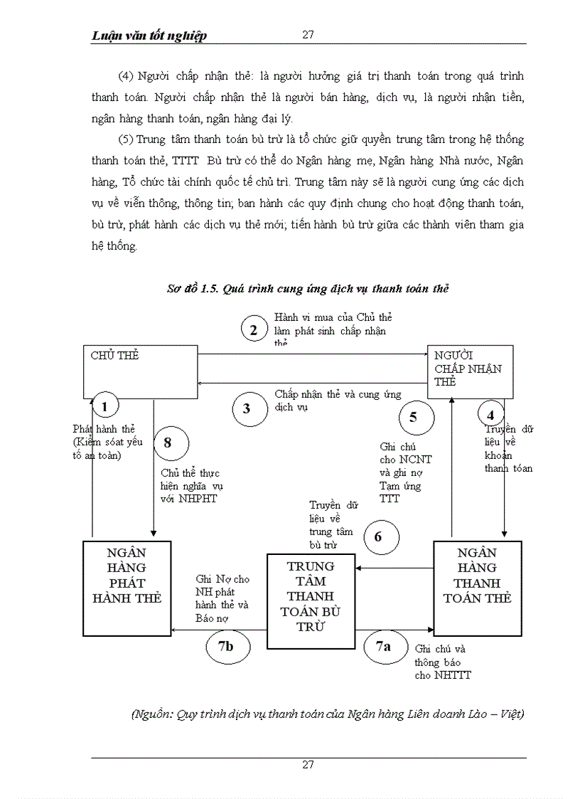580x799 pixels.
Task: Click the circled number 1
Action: coord(105,407)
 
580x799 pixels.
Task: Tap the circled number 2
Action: coord(252,329)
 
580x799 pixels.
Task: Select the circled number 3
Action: coord(247,408)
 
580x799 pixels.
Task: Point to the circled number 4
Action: coord(490,414)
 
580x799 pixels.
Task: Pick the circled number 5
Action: coord(413,417)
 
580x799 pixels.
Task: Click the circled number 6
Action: coord(377,536)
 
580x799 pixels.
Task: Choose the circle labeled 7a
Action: coord(383,646)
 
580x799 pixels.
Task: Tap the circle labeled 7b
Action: coord(225,646)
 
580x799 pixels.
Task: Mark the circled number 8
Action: coord(168,443)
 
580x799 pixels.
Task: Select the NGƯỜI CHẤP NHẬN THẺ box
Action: coord(469,372)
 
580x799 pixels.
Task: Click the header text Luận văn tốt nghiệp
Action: coord(149,36)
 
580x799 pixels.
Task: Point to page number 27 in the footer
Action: coord(308,765)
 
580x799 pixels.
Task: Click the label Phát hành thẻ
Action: coord(104,429)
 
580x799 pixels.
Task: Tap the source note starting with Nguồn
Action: coord(328,714)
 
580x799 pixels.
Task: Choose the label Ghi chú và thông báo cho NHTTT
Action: coord(442,662)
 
